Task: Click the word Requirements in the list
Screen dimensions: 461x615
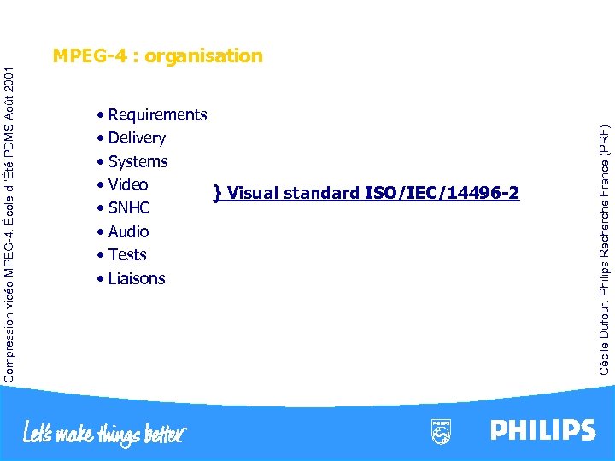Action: (157, 115)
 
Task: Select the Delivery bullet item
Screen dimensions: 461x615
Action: (137, 138)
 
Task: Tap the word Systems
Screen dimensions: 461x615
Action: (138, 162)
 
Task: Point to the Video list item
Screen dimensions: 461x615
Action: (128, 185)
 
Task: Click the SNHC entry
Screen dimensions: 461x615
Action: (129, 208)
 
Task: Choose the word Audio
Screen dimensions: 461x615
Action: (128, 231)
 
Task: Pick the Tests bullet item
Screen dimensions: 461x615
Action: (127, 255)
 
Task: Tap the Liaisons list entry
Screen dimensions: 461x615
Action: (137, 278)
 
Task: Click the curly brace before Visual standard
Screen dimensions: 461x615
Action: (218, 193)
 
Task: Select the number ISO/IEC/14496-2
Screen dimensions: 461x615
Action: (442, 193)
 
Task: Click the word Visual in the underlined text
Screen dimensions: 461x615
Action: (254, 193)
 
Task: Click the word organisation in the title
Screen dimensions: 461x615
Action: (204, 56)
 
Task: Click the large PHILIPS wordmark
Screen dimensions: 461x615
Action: (542, 430)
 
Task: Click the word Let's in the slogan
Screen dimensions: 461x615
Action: (40, 432)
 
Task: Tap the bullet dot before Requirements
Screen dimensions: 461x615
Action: (101, 115)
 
